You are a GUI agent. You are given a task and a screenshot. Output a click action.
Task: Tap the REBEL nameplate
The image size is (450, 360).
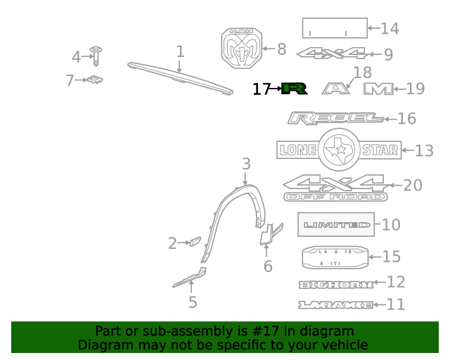335,118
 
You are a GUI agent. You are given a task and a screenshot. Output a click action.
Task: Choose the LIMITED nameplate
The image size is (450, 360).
336,225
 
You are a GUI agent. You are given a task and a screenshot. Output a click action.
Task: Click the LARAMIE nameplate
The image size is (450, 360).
335,305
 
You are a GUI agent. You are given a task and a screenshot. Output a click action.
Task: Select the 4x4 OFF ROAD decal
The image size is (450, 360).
335,188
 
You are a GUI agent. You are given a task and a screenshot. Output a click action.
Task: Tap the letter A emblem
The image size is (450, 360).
336,89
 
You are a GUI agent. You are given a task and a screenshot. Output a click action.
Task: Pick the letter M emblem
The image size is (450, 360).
378,89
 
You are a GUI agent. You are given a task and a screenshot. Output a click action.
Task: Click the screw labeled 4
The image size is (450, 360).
94,57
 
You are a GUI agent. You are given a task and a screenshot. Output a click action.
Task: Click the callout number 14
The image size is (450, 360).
389,28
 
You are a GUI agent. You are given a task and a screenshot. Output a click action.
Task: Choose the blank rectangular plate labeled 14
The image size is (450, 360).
335,28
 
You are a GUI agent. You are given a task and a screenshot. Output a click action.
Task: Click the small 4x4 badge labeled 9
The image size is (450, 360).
332,53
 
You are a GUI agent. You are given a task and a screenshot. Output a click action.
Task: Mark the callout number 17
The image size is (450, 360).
261,89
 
